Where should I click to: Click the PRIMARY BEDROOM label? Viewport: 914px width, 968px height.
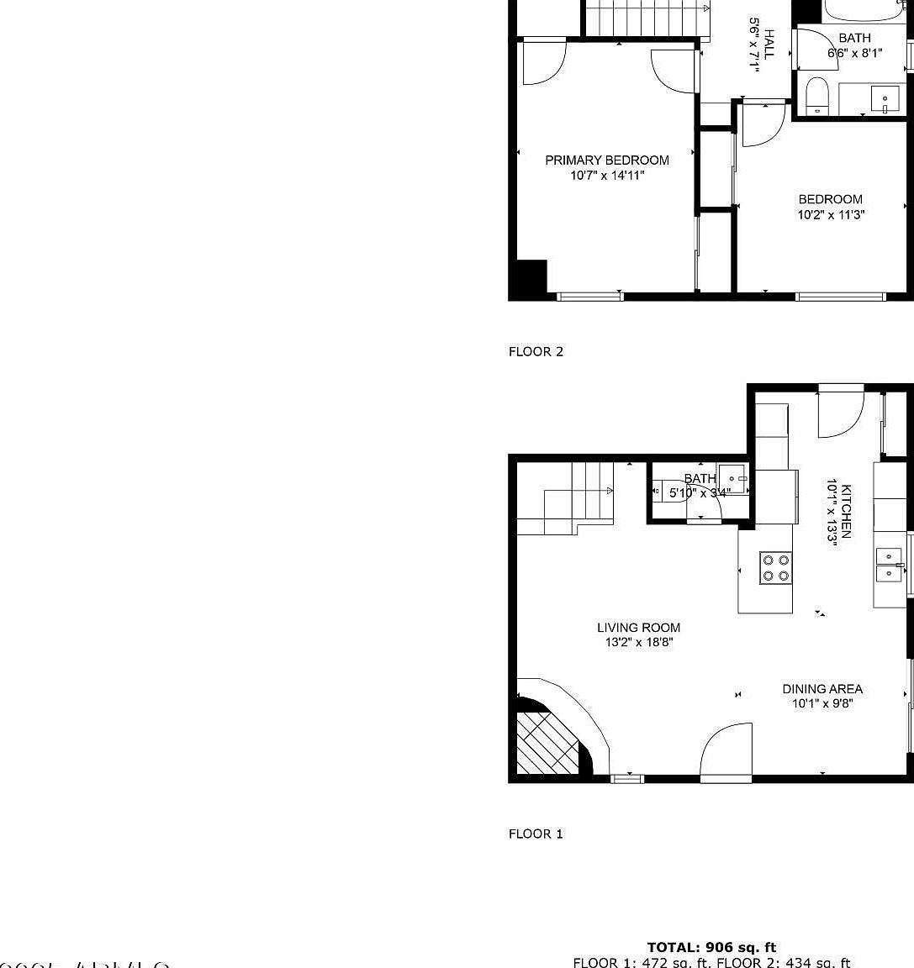pyautogui.click(x=607, y=160)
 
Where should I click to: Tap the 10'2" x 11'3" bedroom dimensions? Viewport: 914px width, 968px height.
pyautogui.click(x=831, y=215)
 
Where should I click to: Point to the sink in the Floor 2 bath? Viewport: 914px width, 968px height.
pyautogui.click(x=885, y=98)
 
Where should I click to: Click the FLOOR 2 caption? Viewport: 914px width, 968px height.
pyautogui.click(x=536, y=352)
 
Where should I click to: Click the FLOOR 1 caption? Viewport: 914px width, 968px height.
pyautogui.click(x=536, y=834)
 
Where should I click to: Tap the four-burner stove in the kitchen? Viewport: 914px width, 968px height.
pyautogui.click(x=775, y=567)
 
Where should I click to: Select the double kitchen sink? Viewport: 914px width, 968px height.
pyautogui.click(x=889, y=565)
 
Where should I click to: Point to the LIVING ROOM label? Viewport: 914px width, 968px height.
pyautogui.click(x=638, y=628)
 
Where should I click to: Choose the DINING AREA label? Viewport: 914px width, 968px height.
pyautogui.click(x=822, y=689)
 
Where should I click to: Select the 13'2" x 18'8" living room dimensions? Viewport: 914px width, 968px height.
pyautogui.click(x=638, y=643)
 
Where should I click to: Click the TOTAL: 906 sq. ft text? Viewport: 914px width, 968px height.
pyautogui.click(x=711, y=948)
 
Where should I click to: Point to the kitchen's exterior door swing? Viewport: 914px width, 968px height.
pyautogui.click(x=841, y=412)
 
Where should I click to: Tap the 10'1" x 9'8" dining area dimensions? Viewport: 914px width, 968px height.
pyautogui.click(x=822, y=704)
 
